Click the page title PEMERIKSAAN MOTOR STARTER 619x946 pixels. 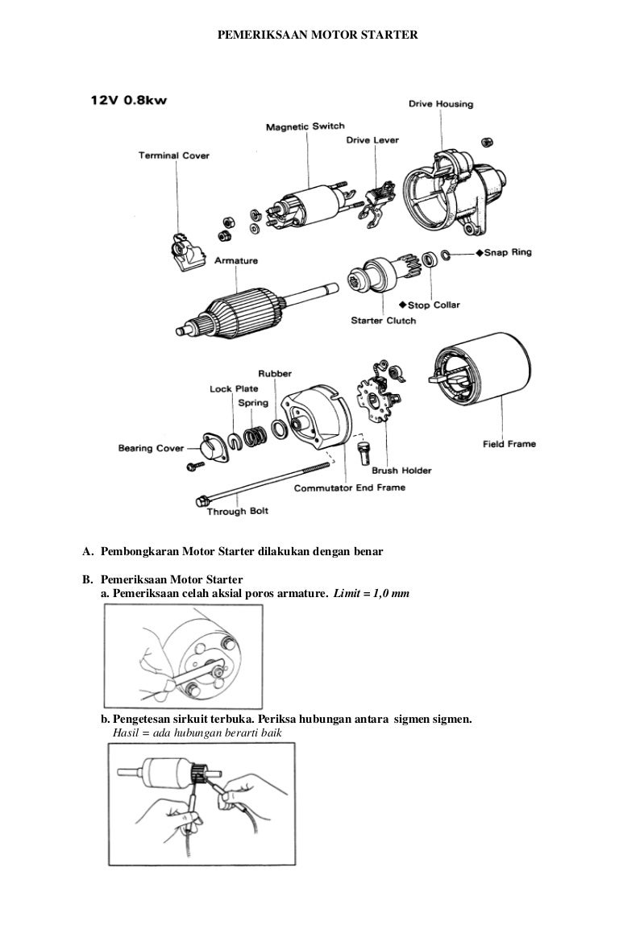pyautogui.click(x=318, y=36)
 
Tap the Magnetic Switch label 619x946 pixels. pyautogui.click(x=305, y=127)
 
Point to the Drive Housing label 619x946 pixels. pyautogui.click(x=440, y=104)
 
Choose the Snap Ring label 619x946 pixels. pyautogui.click(x=507, y=252)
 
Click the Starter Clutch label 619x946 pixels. pyautogui.click(x=382, y=321)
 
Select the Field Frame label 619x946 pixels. pyautogui.click(x=509, y=443)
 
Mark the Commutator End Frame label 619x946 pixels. pyautogui.click(x=349, y=488)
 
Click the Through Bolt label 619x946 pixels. pyautogui.click(x=238, y=511)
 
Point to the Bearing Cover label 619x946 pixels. pyautogui.click(x=151, y=448)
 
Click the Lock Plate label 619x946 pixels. pyautogui.click(x=233, y=389)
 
